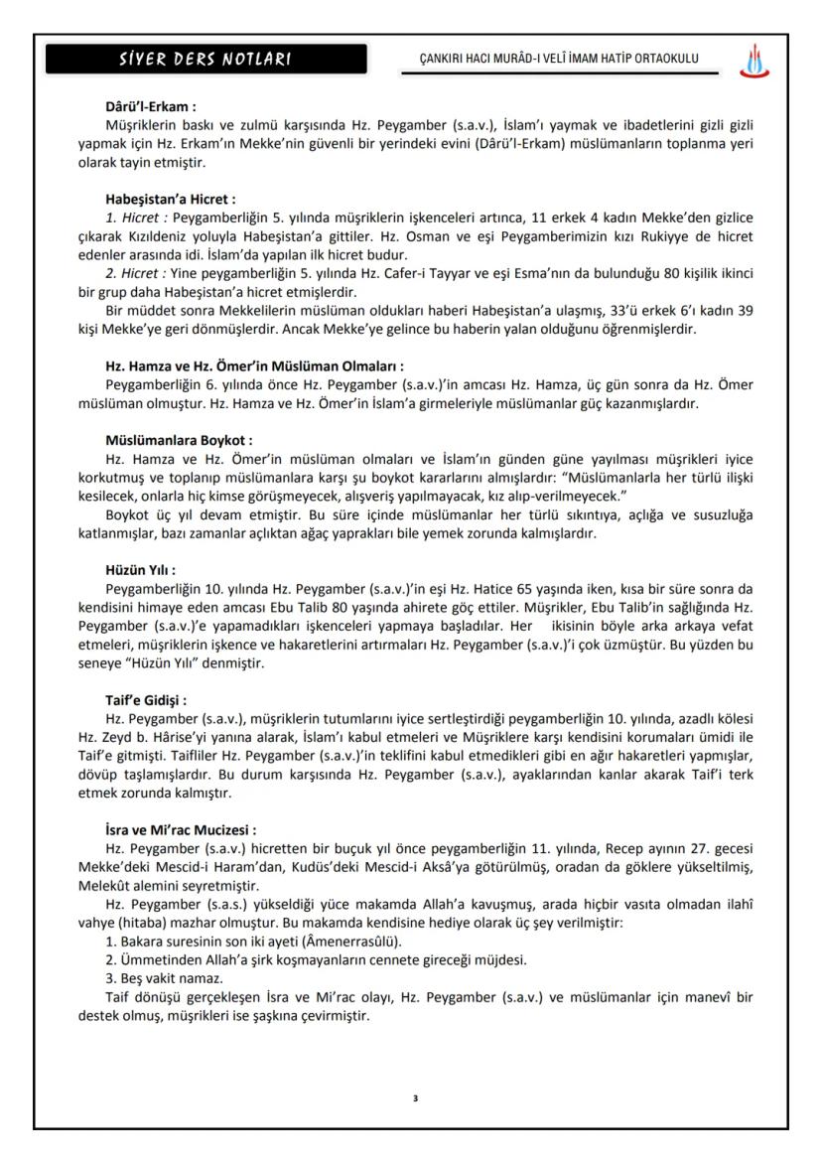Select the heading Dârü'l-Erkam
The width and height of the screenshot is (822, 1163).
[150, 107]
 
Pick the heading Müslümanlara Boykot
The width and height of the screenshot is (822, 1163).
[179, 439]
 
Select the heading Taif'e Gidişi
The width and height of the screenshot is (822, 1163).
[146, 699]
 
